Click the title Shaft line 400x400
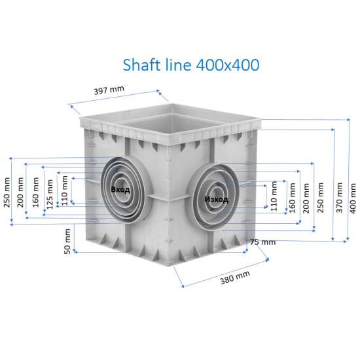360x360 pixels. click(191, 65)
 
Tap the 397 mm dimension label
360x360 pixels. click(109, 90)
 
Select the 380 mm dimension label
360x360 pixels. click(235, 278)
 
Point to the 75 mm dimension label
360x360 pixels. click(262, 242)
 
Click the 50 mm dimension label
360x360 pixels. click(67, 241)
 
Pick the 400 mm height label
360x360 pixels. click(353, 198)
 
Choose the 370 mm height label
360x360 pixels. click(339, 198)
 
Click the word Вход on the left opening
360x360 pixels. click(120, 190)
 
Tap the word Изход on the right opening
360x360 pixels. click(216, 199)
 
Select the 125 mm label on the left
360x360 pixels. click(50, 194)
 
